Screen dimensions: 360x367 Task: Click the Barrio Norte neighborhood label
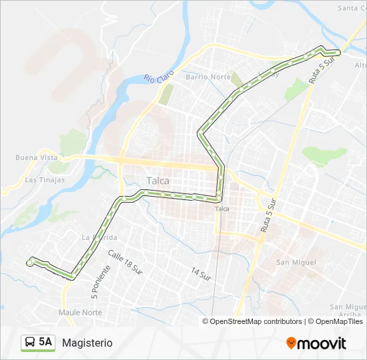(x=208, y=77)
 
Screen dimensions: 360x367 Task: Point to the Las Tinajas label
(x=45, y=180)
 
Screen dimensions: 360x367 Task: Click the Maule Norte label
(x=80, y=312)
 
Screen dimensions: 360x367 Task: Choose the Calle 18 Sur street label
(x=125, y=262)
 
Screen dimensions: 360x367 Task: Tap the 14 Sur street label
(x=201, y=273)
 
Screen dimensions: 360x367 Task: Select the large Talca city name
(x=157, y=181)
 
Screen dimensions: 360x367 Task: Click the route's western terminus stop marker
(x=29, y=263)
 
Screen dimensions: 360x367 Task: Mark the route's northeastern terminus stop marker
(x=337, y=52)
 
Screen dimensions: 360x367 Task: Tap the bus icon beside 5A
(x=30, y=343)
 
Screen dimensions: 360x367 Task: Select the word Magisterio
(x=87, y=343)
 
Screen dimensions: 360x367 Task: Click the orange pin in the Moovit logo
(x=291, y=343)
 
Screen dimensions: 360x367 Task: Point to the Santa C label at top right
(x=352, y=8)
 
